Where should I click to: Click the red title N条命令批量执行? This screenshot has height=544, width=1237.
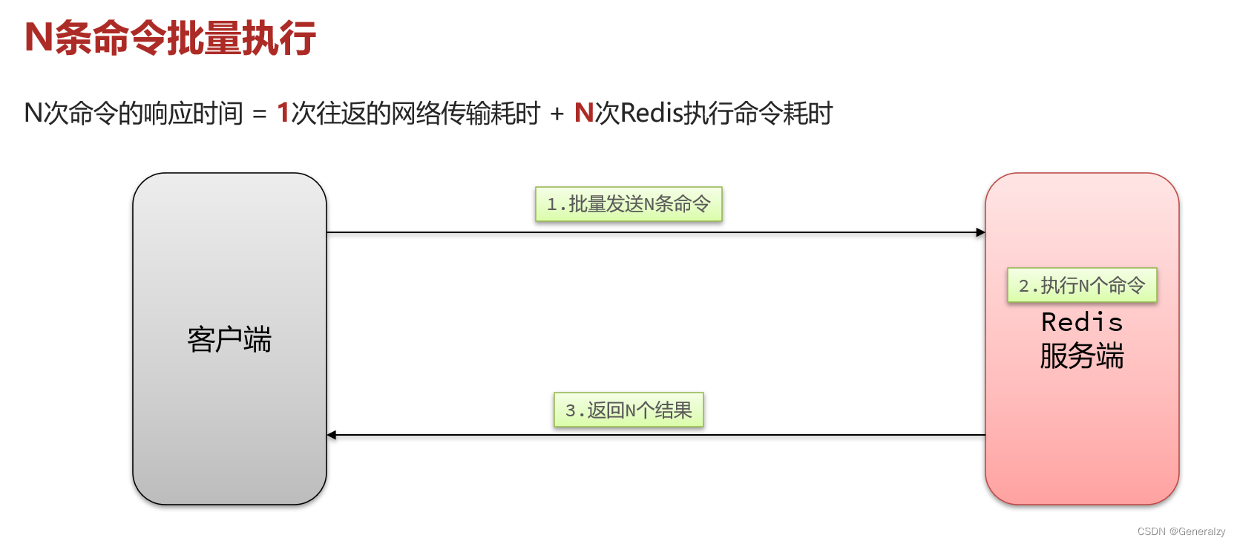point(170,38)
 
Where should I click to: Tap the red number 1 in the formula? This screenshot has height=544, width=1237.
point(283,113)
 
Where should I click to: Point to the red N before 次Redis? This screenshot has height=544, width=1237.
point(583,113)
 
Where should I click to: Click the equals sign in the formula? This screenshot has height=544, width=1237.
point(259,114)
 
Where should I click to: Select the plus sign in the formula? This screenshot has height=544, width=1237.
point(557,114)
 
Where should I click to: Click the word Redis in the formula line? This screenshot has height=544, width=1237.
point(651,113)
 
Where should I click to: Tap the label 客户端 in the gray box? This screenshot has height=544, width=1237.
point(229,339)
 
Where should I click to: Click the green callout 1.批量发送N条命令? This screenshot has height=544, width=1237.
point(629,204)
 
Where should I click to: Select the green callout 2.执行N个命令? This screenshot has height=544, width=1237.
point(1081,285)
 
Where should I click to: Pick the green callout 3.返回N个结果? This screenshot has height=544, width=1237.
point(629,410)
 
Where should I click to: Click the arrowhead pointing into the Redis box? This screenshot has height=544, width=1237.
point(980,232)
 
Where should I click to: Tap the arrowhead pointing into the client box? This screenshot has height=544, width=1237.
point(332,435)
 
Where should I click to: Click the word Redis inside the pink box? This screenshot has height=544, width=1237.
point(1081,322)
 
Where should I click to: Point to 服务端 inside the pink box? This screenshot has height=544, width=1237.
point(1081,355)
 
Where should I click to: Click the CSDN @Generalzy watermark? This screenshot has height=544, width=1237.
point(1181,531)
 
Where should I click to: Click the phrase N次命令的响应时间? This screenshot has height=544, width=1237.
point(134,113)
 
